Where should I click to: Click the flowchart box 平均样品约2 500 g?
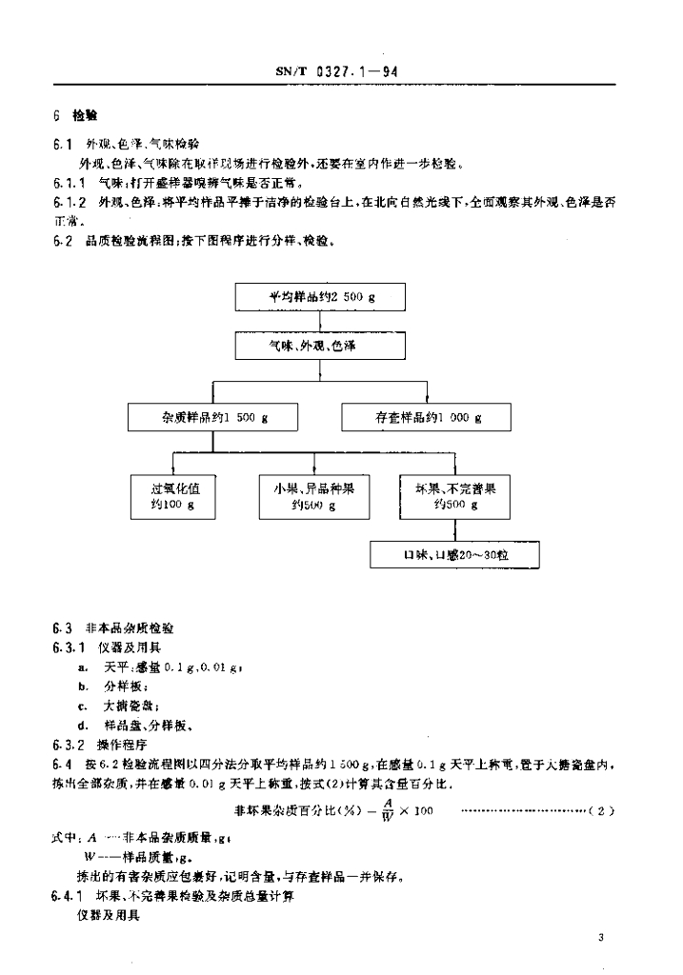click(x=321, y=297)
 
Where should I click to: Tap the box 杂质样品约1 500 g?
click(x=212, y=417)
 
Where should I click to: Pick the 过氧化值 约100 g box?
click(x=172, y=495)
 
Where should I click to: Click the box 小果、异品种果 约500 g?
click(x=312, y=495)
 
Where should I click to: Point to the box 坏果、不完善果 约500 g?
click(x=449, y=495)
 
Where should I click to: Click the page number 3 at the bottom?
click(x=601, y=938)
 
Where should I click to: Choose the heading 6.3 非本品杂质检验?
click(x=114, y=628)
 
